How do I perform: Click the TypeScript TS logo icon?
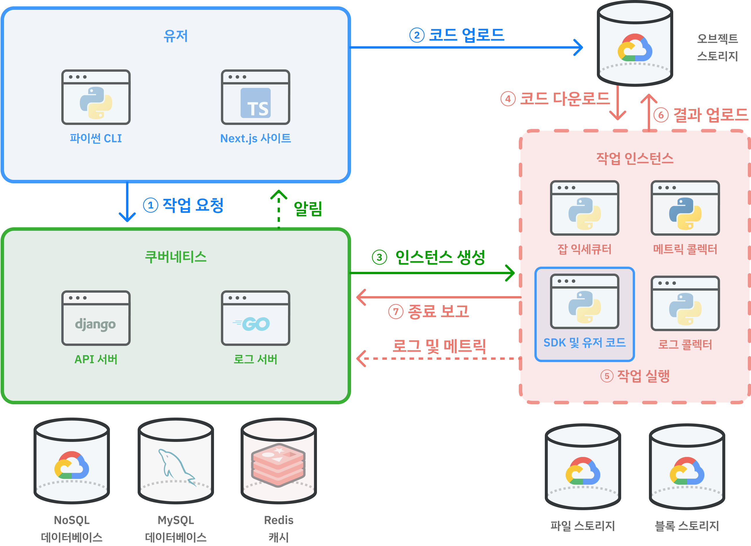click(x=255, y=103)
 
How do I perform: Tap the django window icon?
click(x=96, y=318)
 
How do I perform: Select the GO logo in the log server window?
click(x=252, y=324)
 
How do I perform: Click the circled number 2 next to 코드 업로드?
click(x=416, y=35)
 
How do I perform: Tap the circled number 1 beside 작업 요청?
click(x=150, y=205)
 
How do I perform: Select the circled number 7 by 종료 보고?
click(x=395, y=311)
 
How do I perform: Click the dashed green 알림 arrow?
click(x=278, y=209)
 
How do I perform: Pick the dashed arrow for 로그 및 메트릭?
click(x=437, y=358)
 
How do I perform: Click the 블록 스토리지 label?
click(x=687, y=526)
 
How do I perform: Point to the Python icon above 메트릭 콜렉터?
click(x=685, y=213)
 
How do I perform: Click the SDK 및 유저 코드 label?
click(x=584, y=342)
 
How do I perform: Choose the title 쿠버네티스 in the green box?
click(x=176, y=257)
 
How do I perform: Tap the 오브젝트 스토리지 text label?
click(x=717, y=47)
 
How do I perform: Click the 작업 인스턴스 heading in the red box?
click(x=634, y=158)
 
